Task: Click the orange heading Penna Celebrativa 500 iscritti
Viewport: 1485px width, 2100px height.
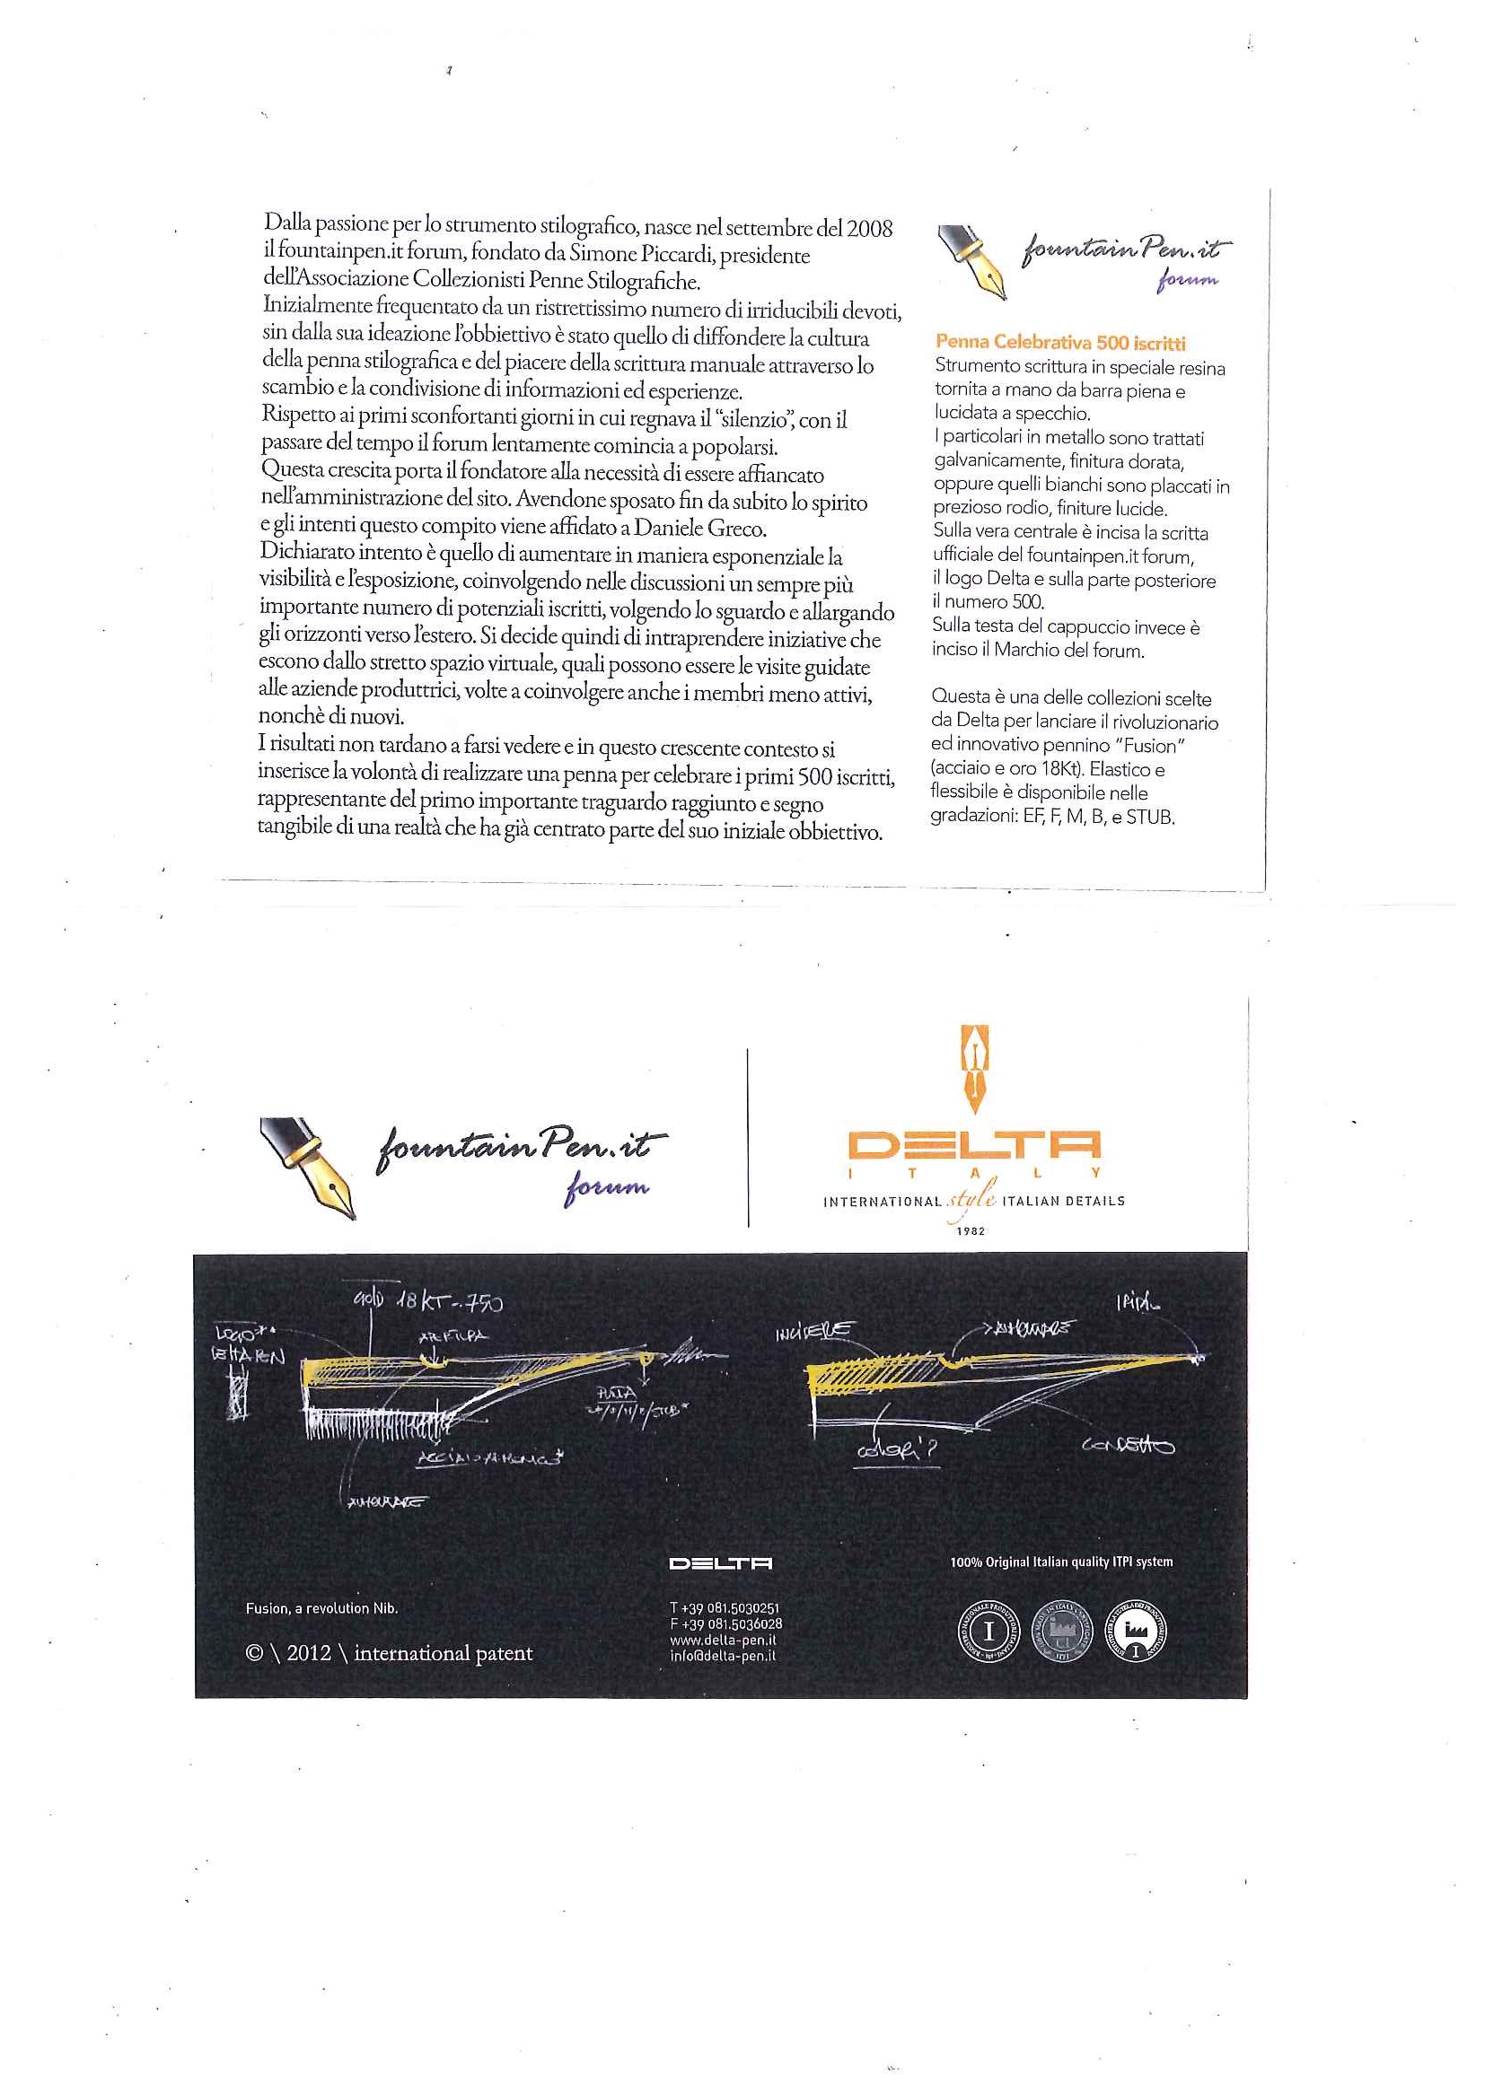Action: click(1059, 342)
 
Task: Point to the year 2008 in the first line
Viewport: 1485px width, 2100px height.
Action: click(868, 229)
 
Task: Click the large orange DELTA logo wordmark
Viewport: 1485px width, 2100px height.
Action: click(973, 1145)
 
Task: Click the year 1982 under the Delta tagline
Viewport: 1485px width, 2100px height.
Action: click(971, 1230)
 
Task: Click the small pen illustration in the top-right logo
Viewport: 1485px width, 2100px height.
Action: click(972, 260)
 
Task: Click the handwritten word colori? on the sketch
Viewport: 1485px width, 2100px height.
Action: click(896, 1449)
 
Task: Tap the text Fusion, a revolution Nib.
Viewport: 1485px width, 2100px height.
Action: click(321, 1608)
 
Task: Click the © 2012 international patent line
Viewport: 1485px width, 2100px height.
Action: click(389, 1653)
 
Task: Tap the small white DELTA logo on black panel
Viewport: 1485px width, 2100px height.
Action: click(720, 1563)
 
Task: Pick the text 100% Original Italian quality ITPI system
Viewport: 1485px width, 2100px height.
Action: click(1060, 1562)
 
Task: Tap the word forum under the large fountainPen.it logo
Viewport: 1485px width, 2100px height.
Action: click(607, 1188)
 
